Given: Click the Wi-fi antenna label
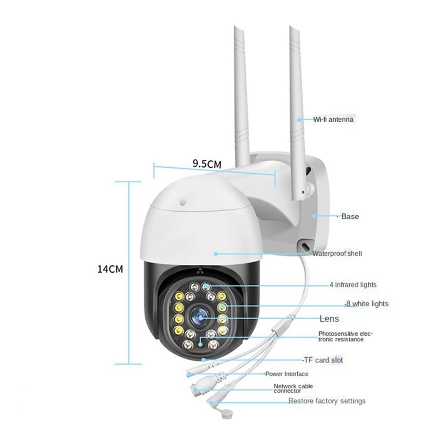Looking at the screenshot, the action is pyautogui.click(x=333, y=119).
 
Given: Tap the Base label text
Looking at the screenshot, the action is pyautogui.click(x=350, y=216).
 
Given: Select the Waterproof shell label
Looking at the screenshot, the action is pyautogui.click(x=337, y=254).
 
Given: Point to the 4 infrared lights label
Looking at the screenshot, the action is pyautogui.click(x=353, y=284).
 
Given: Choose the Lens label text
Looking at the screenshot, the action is pyautogui.click(x=329, y=318).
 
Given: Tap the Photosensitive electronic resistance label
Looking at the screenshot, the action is pyautogui.click(x=345, y=336).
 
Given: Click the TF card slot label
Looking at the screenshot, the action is pyautogui.click(x=324, y=360).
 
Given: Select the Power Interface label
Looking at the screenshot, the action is pyautogui.click(x=287, y=374).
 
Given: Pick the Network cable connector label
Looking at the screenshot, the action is pyautogui.click(x=293, y=388).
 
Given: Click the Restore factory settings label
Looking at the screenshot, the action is pyautogui.click(x=327, y=401).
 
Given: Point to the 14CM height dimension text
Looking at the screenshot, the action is pyautogui.click(x=110, y=269).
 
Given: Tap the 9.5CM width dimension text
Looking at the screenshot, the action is pyautogui.click(x=207, y=164).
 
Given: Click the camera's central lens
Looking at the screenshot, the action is pyautogui.click(x=201, y=317).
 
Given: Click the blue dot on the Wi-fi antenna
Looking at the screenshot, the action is pyautogui.click(x=299, y=120).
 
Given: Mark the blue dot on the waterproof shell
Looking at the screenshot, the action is pyautogui.click(x=216, y=254).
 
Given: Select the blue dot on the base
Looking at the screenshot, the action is pyautogui.click(x=314, y=216).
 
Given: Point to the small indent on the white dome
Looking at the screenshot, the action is pyautogui.click(x=183, y=201).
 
